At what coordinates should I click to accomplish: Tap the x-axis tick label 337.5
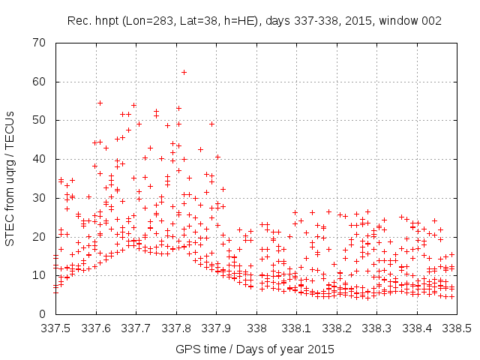coord(55,328)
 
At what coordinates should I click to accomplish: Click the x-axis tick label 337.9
coord(217,328)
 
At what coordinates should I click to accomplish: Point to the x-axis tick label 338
coord(256,328)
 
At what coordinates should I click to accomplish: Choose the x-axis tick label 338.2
coord(337,328)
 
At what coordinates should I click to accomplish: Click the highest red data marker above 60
coord(184,72)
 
